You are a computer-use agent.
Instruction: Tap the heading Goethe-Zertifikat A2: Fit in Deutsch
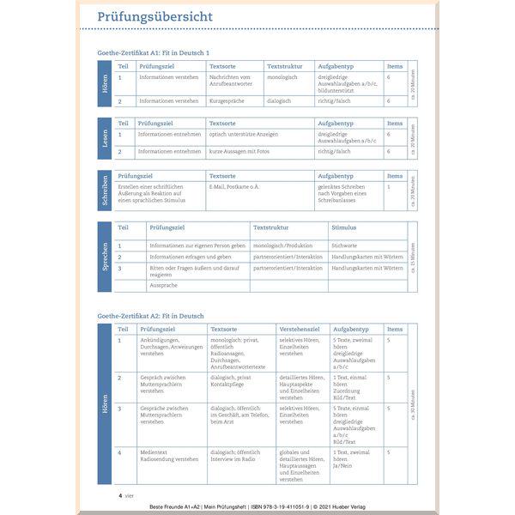point(152,316)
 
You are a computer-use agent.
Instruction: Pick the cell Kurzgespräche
point(227,101)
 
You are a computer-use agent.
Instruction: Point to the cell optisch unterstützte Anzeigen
point(244,134)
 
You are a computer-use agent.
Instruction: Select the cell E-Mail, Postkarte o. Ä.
point(234,185)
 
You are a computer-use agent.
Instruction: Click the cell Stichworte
point(344,245)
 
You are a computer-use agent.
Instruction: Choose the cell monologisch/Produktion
point(282,245)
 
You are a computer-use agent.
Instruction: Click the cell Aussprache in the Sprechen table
point(163,284)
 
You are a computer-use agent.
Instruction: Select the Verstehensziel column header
point(300,329)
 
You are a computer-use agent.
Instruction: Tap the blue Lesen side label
point(104,138)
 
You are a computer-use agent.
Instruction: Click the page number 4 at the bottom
point(120,495)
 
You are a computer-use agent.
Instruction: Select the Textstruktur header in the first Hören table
point(286,66)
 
